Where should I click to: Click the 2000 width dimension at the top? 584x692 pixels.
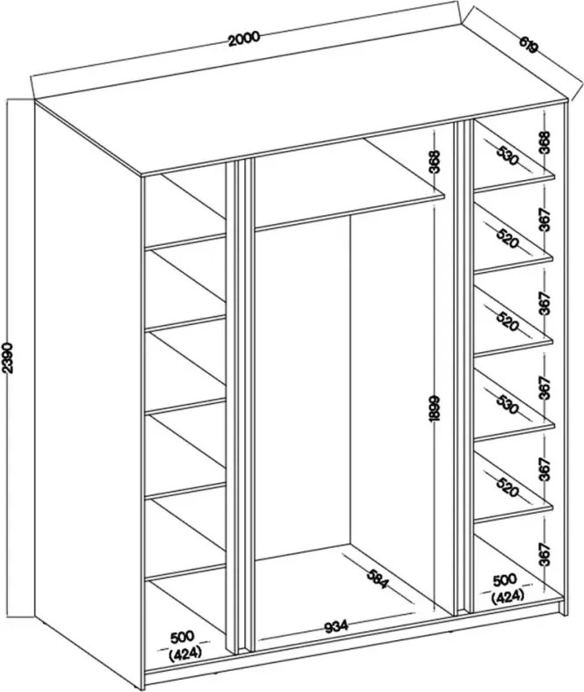click(x=244, y=39)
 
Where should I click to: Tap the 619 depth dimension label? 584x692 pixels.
click(x=528, y=44)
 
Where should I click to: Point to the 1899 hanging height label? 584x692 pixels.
click(x=435, y=408)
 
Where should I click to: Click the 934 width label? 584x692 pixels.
click(x=336, y=626)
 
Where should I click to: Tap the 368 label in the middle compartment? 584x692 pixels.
click(x=435, y=162)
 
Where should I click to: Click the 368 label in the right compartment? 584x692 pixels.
click(x=545, y=142)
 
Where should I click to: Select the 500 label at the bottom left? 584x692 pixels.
click(x=183, y=637)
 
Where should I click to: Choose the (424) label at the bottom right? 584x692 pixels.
click(x=508, y=596)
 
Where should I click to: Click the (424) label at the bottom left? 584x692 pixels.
click(x=185, y=652)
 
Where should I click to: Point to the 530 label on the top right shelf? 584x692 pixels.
click(x=507, y=155)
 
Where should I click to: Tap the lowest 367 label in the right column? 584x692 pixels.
click(x=545, y=554)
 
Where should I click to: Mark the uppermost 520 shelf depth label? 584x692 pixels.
click(x=507, y=238)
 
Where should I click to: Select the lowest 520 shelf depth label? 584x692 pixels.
click(x=507, y=487)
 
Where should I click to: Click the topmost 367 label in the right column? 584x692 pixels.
click(x=545, y=219)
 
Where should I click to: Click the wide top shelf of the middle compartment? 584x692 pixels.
click(x=349, y=184)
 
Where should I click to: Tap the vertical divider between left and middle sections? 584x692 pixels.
click(x=239, y=406)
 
